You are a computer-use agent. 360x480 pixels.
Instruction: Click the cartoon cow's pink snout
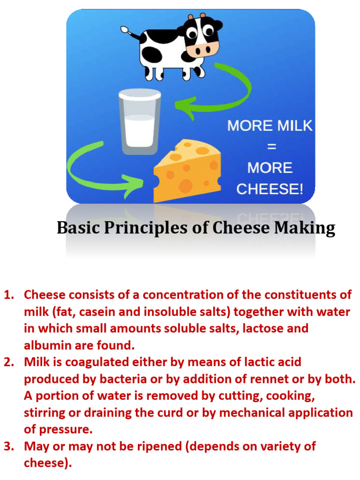pyautogui.click(x=202, y=48)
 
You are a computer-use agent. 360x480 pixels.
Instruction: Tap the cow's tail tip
pyautogui.click(x=124, y=30)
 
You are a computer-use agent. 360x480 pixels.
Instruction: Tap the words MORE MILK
pyautogui.click(x=270, y=126)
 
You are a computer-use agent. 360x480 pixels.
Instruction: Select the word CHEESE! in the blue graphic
pyautogui.click(x=270, y=189)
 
